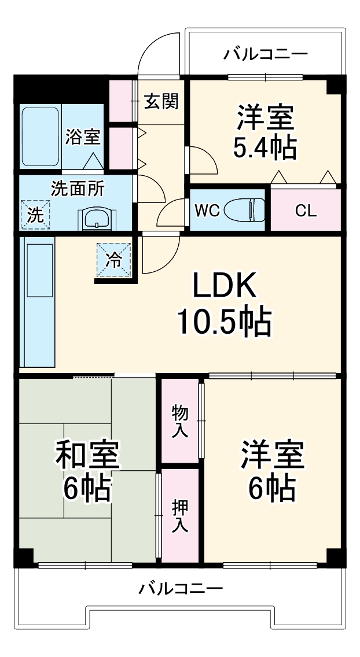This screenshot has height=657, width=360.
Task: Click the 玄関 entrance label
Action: pyautogui.click(x=161, y=102)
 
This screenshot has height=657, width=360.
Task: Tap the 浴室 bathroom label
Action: pyautogui.click(x=83, y=137)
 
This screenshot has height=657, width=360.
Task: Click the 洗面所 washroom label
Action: pyautogui.click(x=78, y=189)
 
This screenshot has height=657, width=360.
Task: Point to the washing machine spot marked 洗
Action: pyautogui.click(x=35, y=215)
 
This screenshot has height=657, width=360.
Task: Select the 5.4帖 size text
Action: pyautogui.click(x=265, y=149)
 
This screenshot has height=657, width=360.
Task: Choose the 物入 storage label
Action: pyautogui.click(x=180, y=421)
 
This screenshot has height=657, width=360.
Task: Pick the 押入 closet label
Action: pyautogui.click(x=180, y=516)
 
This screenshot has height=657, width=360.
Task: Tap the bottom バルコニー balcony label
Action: pyautogui.click(x=181, y=589)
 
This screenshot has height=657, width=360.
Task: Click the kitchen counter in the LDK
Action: pyautogui.click(x=38, y=304)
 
